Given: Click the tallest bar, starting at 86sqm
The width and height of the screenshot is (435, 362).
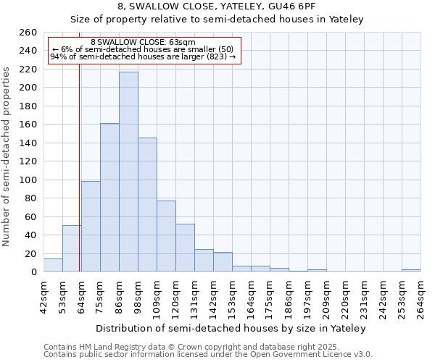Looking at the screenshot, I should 128,172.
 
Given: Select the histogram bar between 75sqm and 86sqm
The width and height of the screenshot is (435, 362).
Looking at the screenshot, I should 109,198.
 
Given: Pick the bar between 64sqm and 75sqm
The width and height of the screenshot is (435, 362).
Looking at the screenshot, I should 91,227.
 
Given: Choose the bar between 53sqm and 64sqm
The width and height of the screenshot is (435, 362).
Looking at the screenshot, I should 72,248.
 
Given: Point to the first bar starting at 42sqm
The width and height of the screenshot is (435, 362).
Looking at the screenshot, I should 53,265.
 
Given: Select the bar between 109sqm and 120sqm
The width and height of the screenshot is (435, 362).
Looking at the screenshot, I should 166,236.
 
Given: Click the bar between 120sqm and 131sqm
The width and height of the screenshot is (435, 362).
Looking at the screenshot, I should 185,248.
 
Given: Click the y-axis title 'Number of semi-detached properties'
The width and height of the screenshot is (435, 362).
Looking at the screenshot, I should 7,156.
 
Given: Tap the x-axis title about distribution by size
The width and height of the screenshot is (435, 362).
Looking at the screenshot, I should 231,329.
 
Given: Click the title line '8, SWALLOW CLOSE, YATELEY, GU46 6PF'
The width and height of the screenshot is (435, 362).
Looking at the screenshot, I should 217,7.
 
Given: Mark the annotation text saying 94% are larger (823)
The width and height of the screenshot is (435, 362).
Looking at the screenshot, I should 143,57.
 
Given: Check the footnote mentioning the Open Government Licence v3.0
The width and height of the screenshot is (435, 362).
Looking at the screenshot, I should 207,355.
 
